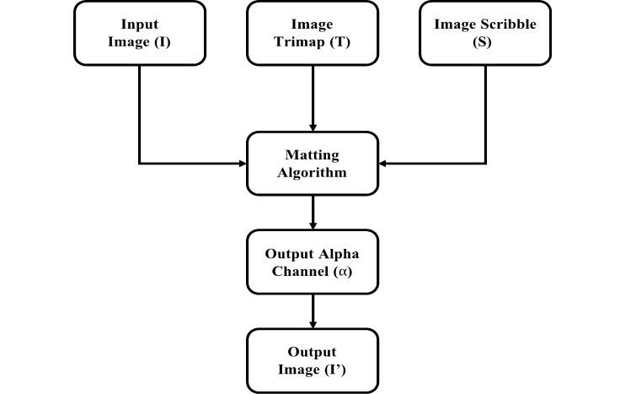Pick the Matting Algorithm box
click(313, 163)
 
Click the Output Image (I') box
click(313, 359)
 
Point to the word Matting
click(313, 155)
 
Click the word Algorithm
click(313, 172)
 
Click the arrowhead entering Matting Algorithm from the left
click(241, 163)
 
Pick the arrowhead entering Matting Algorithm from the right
click(385, 163)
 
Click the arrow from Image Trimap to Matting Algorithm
click(313, 97)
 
